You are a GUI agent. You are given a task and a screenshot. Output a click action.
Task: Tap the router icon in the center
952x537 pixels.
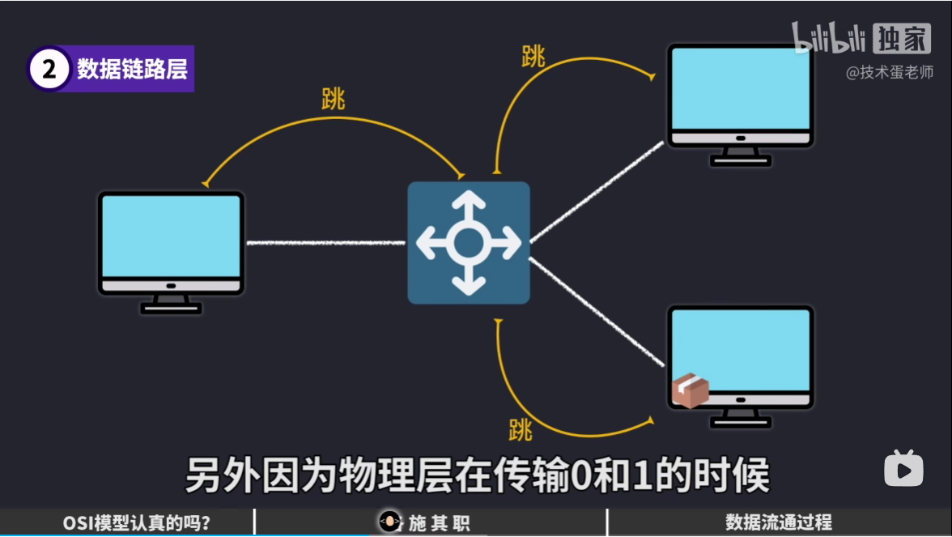click(x=468, y=242)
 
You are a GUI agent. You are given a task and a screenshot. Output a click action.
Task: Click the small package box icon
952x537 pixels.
click(x=690, y=390)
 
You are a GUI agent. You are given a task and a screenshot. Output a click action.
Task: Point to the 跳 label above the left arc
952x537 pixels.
click(x=333, y=99)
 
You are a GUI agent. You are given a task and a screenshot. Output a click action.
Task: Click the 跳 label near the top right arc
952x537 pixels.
click(x=533, y=57)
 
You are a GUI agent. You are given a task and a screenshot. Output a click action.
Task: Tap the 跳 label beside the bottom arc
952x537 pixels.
click(x=521, y=429)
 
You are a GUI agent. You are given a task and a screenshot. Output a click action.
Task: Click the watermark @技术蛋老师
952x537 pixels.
click(x=889, y=73)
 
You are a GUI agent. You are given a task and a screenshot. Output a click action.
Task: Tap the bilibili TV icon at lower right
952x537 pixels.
click(x=903, y=468)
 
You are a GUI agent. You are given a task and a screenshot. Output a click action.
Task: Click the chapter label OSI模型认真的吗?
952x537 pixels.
click(x=137, y=523)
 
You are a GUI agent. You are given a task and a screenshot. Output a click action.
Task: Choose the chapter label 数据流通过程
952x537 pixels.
click(x=778, y=523)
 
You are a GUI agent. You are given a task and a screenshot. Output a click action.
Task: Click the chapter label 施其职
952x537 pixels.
click(x=439, y=523)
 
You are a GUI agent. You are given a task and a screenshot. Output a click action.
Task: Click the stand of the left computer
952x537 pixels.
click(x=171, y=303)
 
